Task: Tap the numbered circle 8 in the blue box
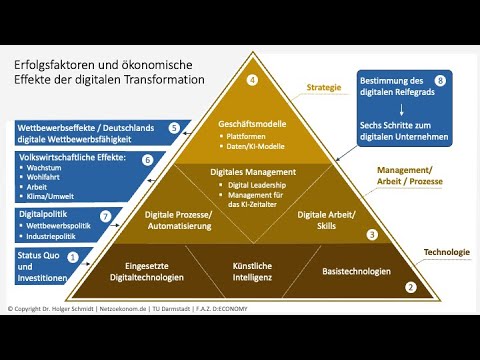439,78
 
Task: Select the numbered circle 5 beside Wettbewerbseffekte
174,128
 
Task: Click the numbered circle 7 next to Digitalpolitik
105,215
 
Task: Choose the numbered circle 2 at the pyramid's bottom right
409,288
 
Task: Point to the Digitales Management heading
253,171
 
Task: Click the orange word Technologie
446,252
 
